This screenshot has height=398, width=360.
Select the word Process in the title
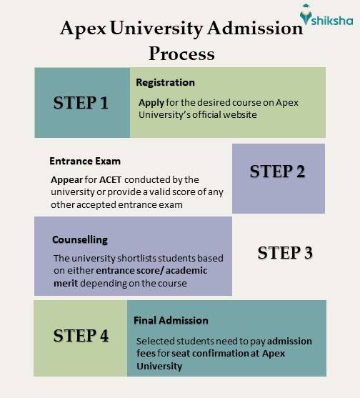181,53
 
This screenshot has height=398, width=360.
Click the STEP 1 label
81,103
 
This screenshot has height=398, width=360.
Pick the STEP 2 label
278,171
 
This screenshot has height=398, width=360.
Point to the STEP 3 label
284,252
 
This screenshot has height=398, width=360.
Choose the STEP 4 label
81,334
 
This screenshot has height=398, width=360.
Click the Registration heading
165,82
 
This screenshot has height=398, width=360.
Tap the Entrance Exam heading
85,161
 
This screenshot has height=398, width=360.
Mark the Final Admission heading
170,320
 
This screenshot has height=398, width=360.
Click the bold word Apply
151,102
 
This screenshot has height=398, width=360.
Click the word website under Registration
238,114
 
